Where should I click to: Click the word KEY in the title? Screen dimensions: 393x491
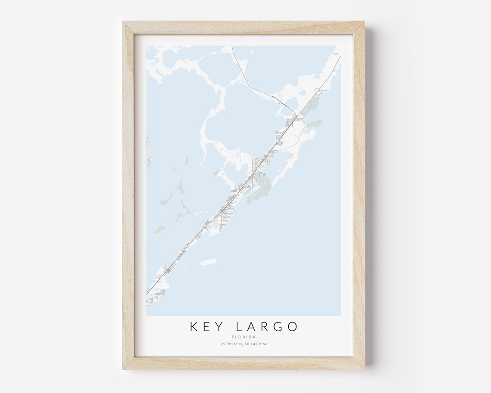[x=206, y=327]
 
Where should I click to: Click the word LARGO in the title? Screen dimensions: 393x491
[x=267, y=327]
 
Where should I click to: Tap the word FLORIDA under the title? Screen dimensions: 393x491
[x=243, y=337]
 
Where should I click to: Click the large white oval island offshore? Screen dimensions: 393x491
[x=208, y=262]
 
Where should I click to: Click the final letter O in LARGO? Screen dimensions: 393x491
[x=292, y=327]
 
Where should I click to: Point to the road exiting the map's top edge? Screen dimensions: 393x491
[x=232, y=46]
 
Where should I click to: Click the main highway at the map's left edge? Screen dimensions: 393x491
[x=147, y=294]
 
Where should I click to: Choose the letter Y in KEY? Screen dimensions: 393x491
[x=218, y=327]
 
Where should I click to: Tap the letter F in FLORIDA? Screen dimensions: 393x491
[x=232, y=337]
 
